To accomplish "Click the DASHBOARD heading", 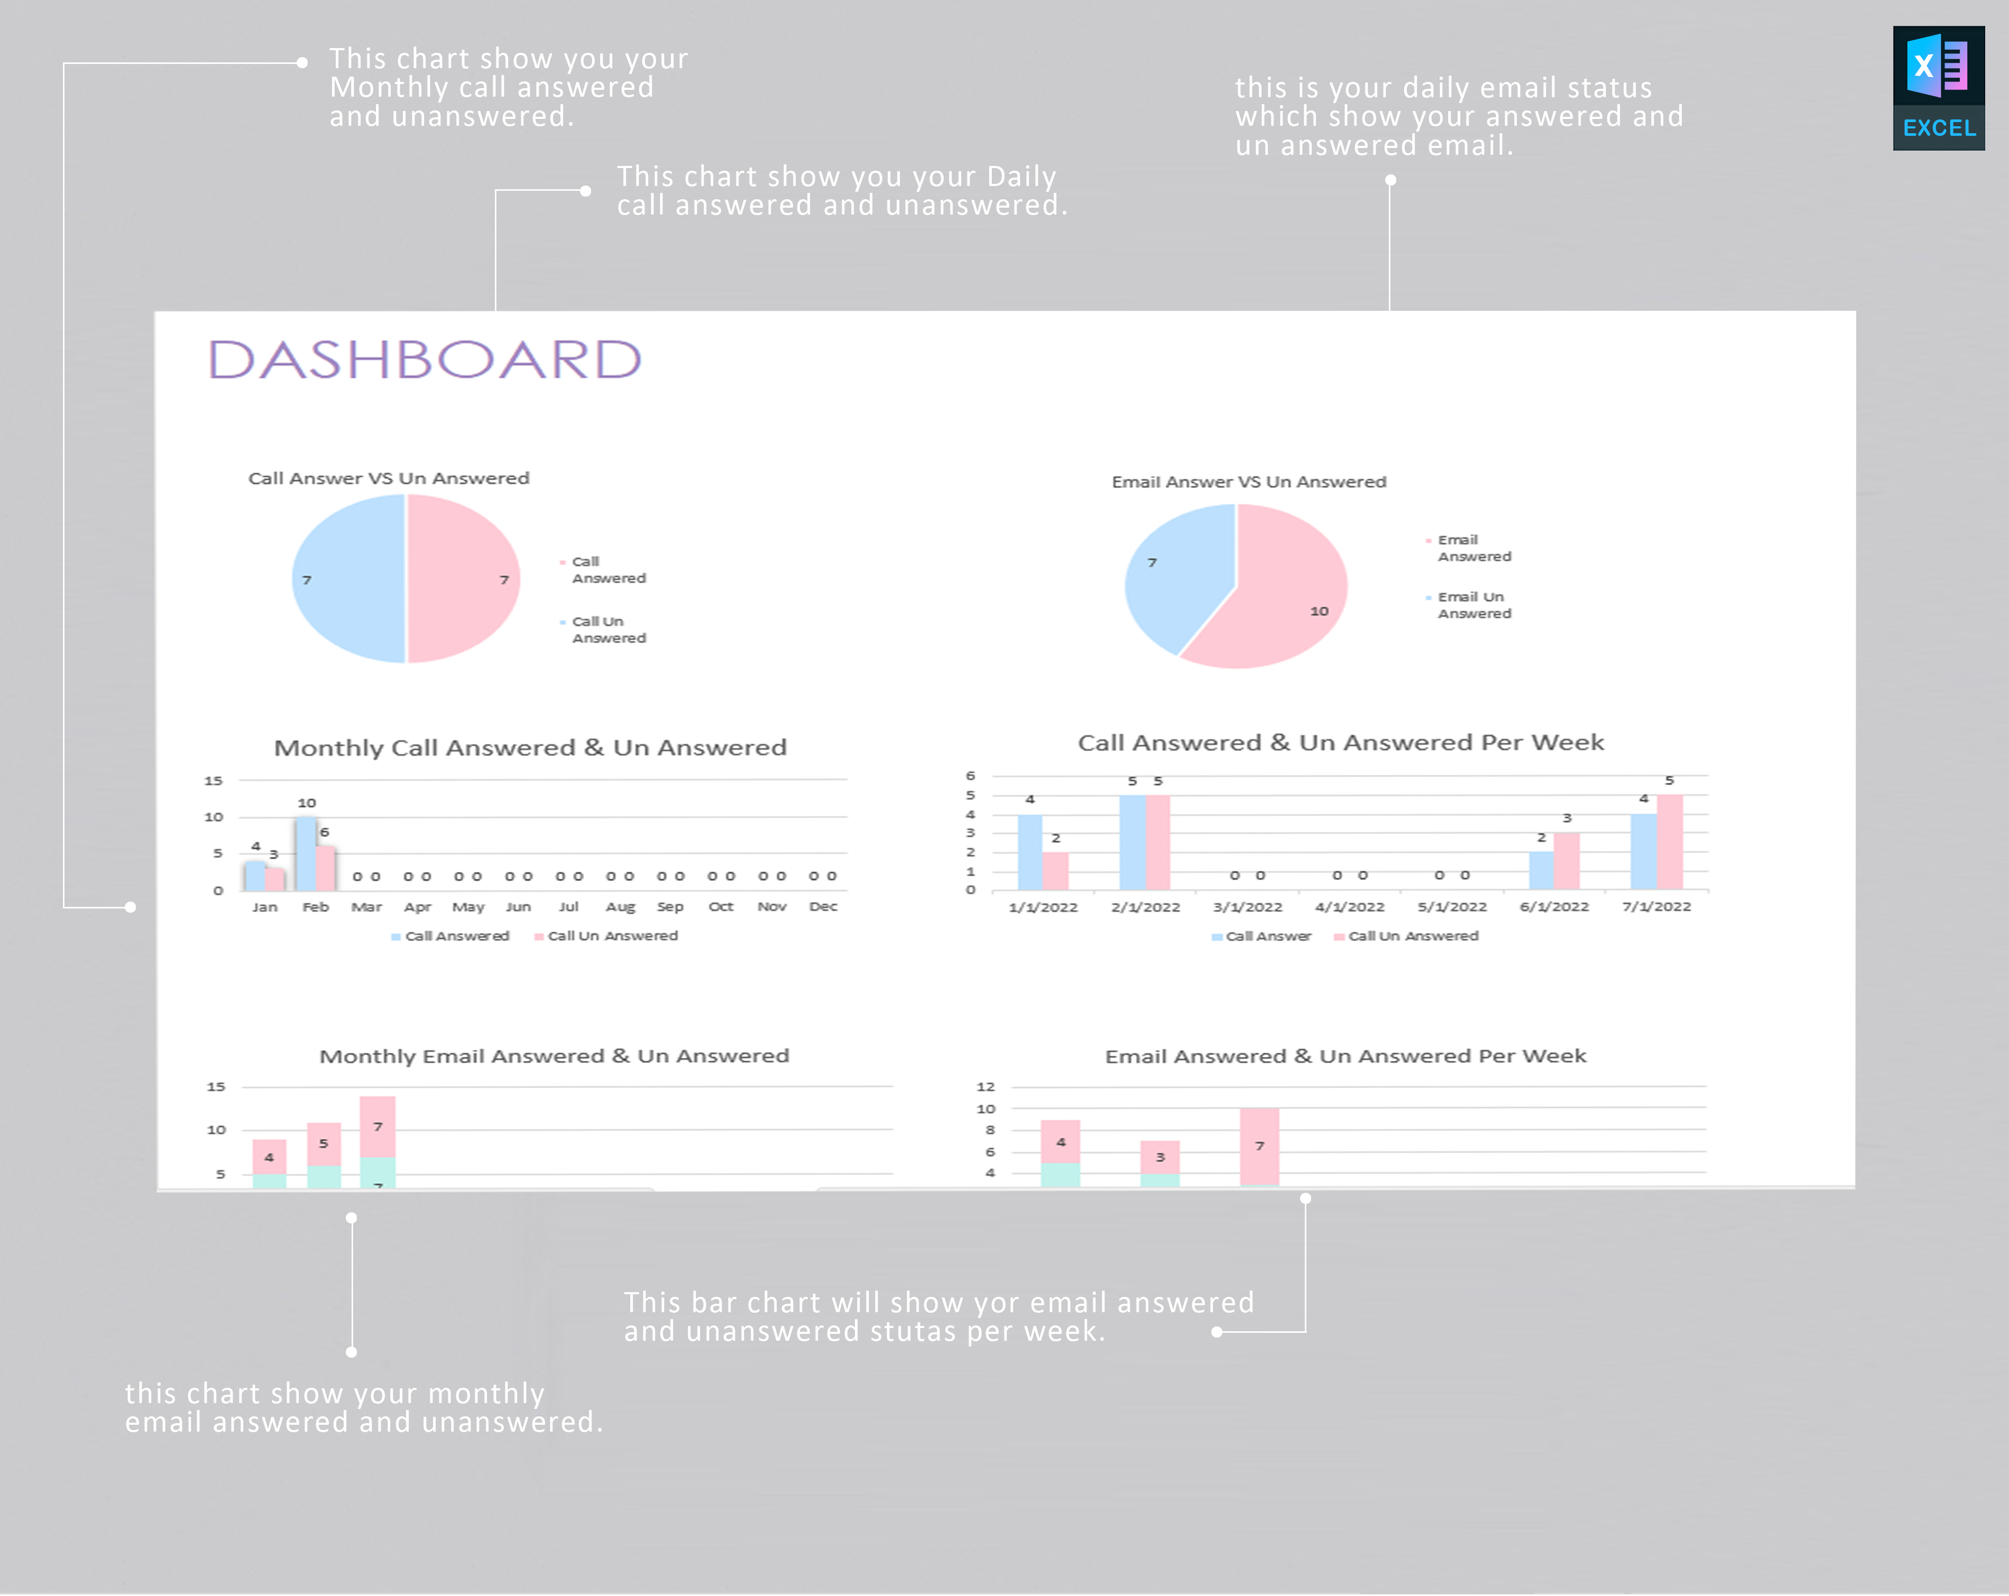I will [425, 360].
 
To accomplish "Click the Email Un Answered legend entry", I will [1472, 605].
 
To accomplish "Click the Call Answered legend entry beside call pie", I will [607, 569].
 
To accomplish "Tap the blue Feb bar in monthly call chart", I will [306, 853].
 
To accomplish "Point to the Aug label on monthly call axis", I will [620, 906].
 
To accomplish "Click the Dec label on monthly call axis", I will [823, 906].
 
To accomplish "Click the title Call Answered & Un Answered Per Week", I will [1340, 743].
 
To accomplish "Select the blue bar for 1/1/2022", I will [1030, 851].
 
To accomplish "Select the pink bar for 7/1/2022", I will [1670, 841].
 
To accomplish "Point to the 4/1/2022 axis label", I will [1349, 906].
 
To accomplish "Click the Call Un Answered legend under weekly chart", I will [1412, 935].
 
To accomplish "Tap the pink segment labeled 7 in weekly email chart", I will [1259, 1146].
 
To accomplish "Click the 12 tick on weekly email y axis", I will [985, 1087].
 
